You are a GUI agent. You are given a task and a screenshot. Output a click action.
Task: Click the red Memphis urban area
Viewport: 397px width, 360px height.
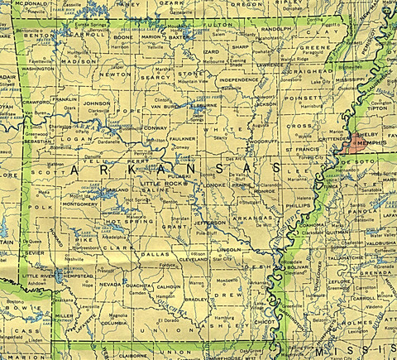pos(358,142)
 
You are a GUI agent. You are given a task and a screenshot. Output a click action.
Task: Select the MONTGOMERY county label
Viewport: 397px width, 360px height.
pos(80,202)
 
